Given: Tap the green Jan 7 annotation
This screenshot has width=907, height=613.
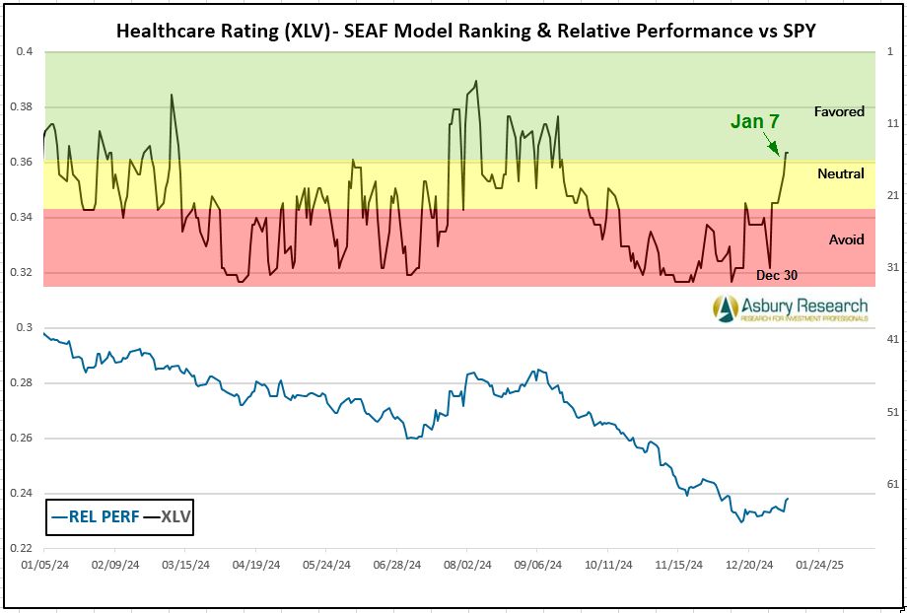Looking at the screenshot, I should tap(754, 121).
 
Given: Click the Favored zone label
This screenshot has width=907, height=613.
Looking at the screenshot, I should tap(839, 111).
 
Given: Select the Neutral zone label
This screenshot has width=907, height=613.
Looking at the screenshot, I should tap(841, 173).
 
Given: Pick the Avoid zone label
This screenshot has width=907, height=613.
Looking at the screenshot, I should tap(846, 239).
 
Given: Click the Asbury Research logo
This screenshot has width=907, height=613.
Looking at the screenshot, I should tap(791, 309).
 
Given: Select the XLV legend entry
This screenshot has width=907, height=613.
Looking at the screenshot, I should tap(168, 515).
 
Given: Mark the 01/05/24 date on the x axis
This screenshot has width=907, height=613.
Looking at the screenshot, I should tap(45, 566).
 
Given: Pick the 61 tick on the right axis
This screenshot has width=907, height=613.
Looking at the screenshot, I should tap(894, 483).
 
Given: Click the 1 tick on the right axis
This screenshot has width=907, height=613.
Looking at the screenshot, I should tap(891, 51).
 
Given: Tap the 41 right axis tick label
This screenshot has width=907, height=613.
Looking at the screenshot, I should tap(894, 339).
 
